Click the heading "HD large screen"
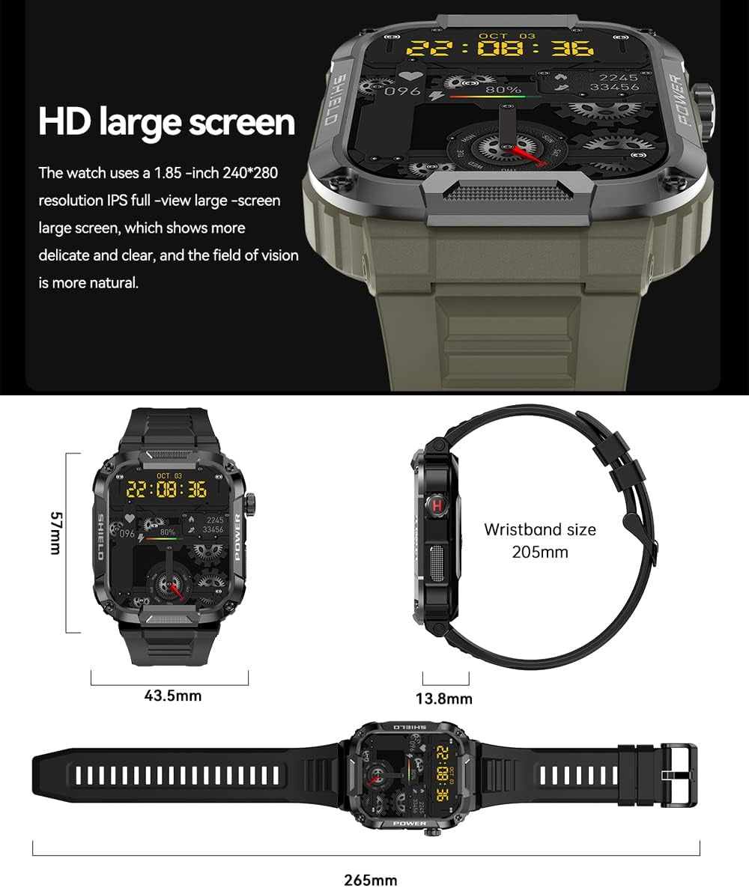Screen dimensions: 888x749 [166, 122]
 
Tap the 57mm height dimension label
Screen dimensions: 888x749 [54, 533]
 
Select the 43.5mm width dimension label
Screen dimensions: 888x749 [173, 696]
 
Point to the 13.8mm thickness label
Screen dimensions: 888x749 [444, 699]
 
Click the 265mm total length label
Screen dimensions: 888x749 [371, 880]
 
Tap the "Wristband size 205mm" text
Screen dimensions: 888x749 [540, 541]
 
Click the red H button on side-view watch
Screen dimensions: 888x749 [437, 505]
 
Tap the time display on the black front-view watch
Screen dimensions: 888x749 [166, 490]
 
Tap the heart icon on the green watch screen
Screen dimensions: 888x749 [409, 76]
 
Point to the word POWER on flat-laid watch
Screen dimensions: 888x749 [409, 823]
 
